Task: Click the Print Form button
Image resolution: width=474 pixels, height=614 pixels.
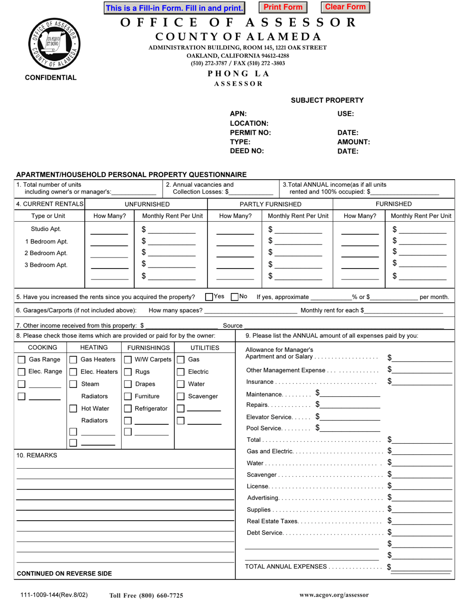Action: point(283,7)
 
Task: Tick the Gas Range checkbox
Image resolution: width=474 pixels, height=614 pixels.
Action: point(22,359)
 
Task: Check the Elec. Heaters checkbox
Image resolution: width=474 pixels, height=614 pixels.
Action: point(73,372)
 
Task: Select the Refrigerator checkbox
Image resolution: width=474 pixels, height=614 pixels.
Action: point(128,409)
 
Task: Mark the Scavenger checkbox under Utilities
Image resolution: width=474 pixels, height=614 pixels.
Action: point(181,396)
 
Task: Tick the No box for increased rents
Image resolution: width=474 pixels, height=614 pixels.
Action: point(236,297)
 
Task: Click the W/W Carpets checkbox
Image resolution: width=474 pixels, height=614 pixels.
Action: point(128,359)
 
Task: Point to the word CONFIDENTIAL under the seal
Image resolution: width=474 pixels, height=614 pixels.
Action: point(51,77)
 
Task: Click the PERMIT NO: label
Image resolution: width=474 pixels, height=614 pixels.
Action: point(250,133)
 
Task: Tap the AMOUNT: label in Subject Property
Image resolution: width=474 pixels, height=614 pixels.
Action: point(354,142)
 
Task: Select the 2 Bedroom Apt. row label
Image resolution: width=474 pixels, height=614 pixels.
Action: point(46,253)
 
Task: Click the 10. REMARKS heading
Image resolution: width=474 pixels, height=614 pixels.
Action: point(37,455)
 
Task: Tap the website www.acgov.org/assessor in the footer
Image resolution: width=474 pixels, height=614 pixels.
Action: point(334,595)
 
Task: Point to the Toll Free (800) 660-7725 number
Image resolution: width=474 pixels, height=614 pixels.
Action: point(146,596)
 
